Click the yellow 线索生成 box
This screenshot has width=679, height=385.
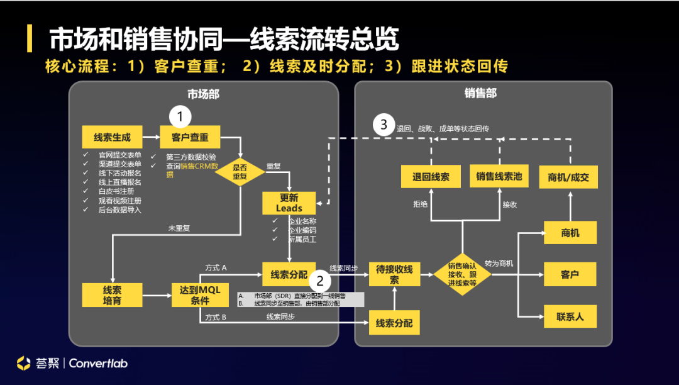(111, 137)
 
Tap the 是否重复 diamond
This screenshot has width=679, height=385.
(240, 172)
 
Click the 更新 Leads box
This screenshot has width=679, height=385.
(289, 203)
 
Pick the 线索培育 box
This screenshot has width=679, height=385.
(111, 295)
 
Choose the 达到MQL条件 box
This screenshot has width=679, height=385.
(199, 295)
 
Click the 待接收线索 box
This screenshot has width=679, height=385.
(394, 274)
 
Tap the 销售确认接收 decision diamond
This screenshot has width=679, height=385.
(462, 274)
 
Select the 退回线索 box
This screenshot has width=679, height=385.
(431, 177)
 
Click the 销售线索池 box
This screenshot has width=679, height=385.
(499, 177)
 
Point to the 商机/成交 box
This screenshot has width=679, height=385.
(569, 177)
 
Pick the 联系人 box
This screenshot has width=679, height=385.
(570, 316)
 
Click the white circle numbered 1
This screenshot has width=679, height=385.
(180, 116)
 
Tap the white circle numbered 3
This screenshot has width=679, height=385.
(384, 125)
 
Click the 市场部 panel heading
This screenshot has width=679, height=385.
(203, 94)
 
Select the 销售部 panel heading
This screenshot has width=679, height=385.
(481, 93)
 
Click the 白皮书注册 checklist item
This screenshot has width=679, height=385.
(116, 191)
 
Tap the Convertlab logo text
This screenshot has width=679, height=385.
(99, 363)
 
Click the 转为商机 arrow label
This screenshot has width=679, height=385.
(499, 263)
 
